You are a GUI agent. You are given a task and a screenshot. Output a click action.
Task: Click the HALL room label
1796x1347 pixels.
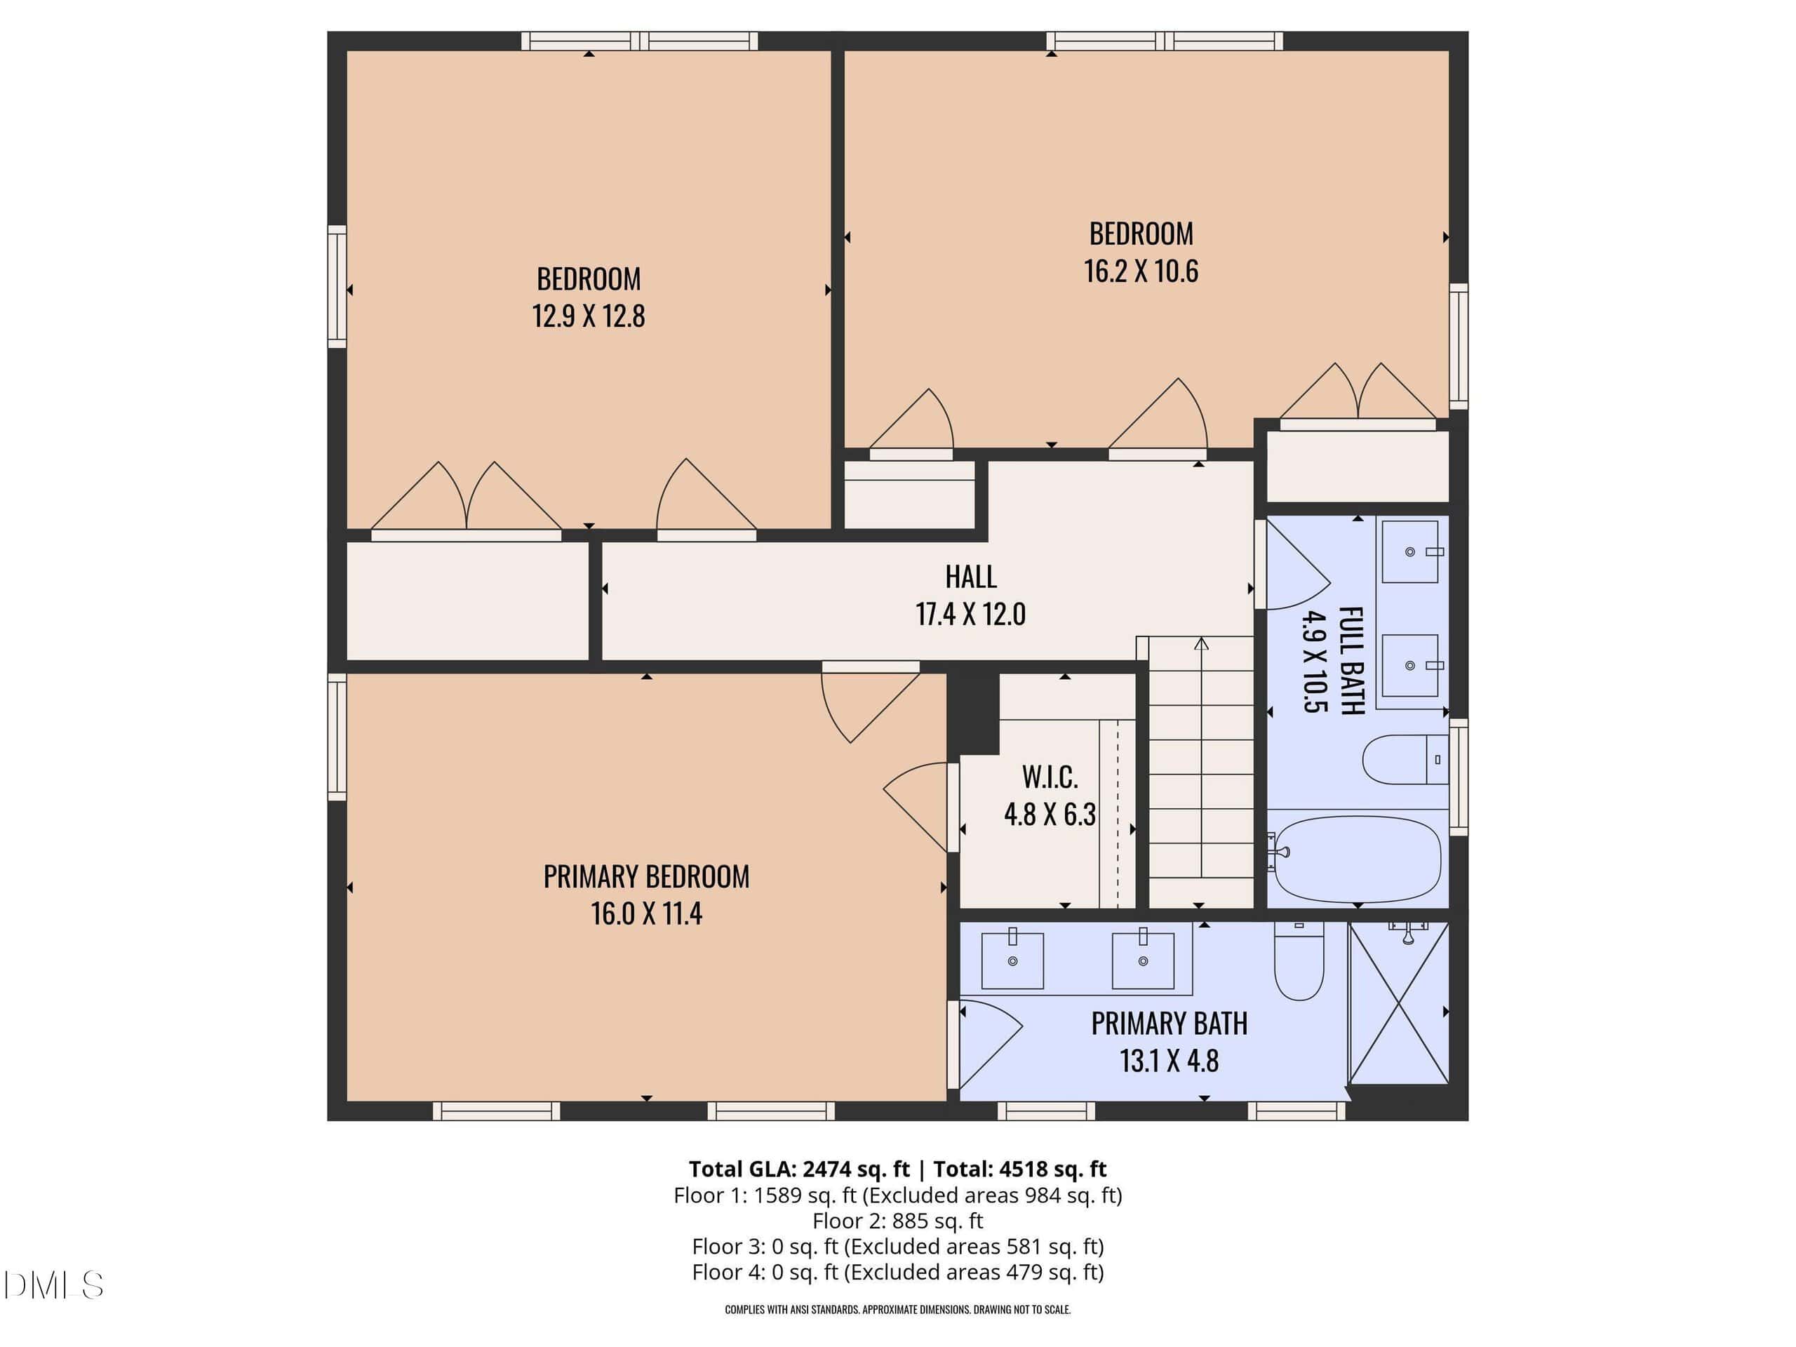click(970, 577)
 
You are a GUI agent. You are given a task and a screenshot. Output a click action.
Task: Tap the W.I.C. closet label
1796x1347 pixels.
click(1050, 777)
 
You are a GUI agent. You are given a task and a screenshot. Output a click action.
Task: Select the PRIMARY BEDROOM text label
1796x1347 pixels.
click(646, 877)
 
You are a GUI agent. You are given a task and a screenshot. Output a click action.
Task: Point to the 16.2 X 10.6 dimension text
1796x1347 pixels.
click(1141, 270)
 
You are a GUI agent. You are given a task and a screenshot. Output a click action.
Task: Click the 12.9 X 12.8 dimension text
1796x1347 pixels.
click(589, 316)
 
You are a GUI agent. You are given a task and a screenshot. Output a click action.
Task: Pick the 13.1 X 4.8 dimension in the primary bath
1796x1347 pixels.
click(1170, 1060)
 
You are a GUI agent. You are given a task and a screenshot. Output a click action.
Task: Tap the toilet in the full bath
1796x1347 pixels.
click(1405, 760)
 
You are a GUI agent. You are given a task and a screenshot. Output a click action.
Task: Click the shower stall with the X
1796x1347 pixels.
click(1398, 1003)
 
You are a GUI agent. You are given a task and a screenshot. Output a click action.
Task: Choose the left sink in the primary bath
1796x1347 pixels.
click(1012, 960)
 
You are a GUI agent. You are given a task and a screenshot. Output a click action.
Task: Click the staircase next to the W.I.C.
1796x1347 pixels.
click(1202, 771)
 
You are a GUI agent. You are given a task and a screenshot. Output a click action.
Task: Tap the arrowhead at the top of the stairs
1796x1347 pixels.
click(1202, 644)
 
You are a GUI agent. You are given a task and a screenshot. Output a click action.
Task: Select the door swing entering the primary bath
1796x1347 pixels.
click(991, 1044)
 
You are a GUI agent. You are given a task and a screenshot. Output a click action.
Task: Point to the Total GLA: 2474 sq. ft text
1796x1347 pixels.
click(799, 1170)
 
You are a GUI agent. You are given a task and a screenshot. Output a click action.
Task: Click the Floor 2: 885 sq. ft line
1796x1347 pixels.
click(897, 1221)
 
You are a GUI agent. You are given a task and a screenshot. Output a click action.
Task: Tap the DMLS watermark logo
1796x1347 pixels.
click(53, 1285)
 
